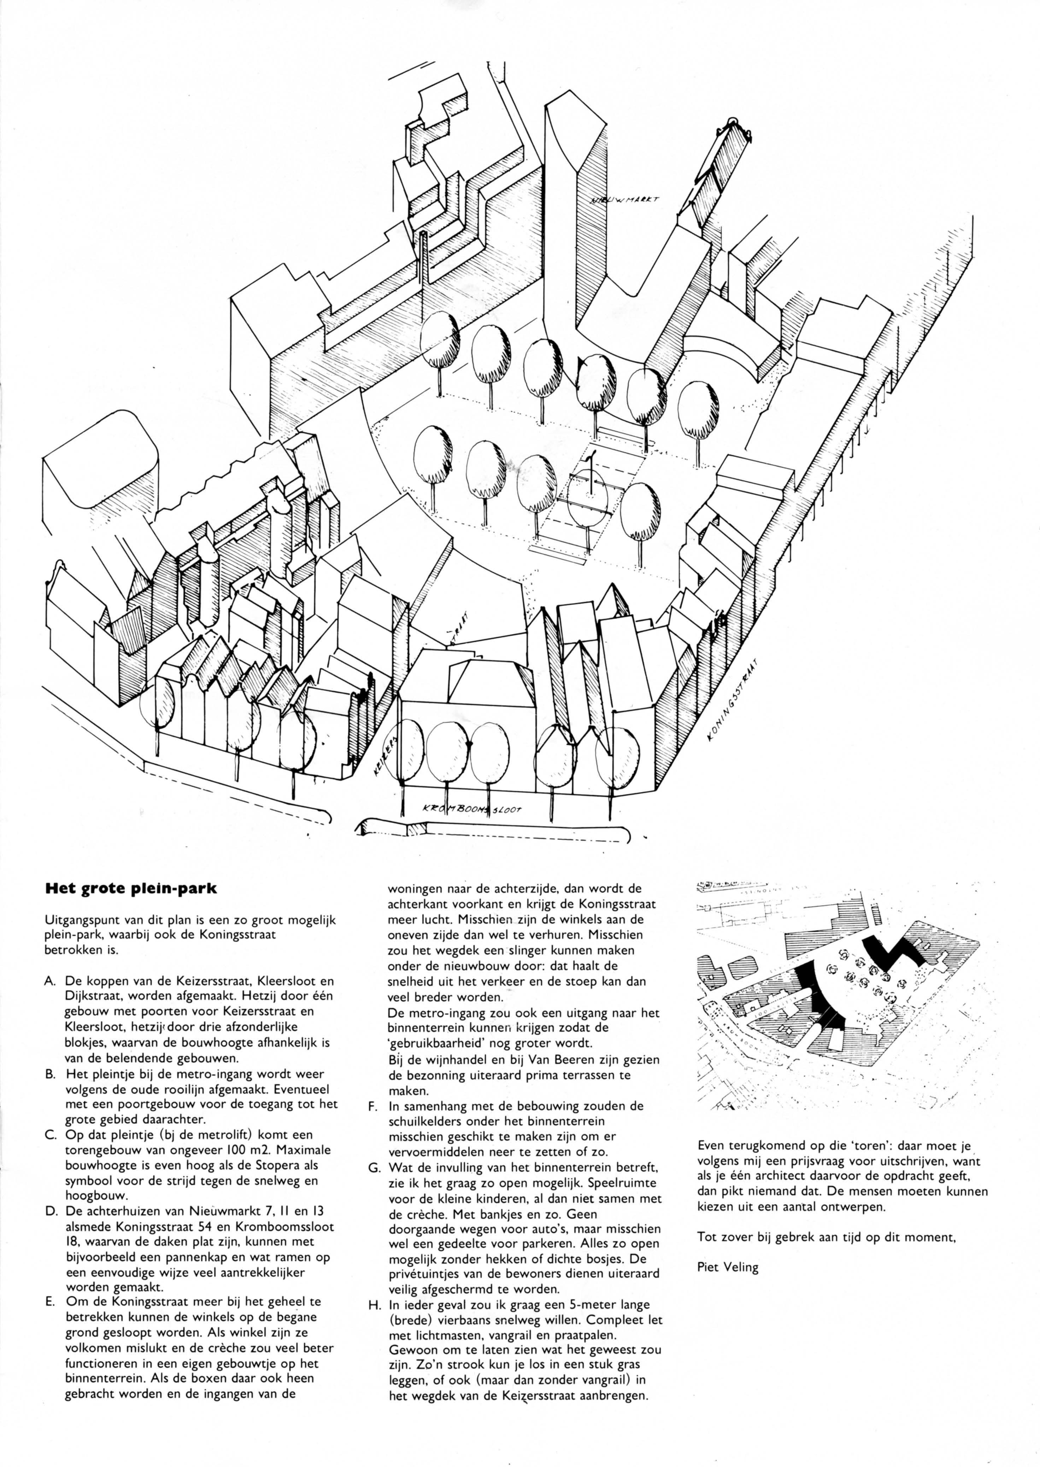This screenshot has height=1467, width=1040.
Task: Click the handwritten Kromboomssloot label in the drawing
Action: point(472,810)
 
